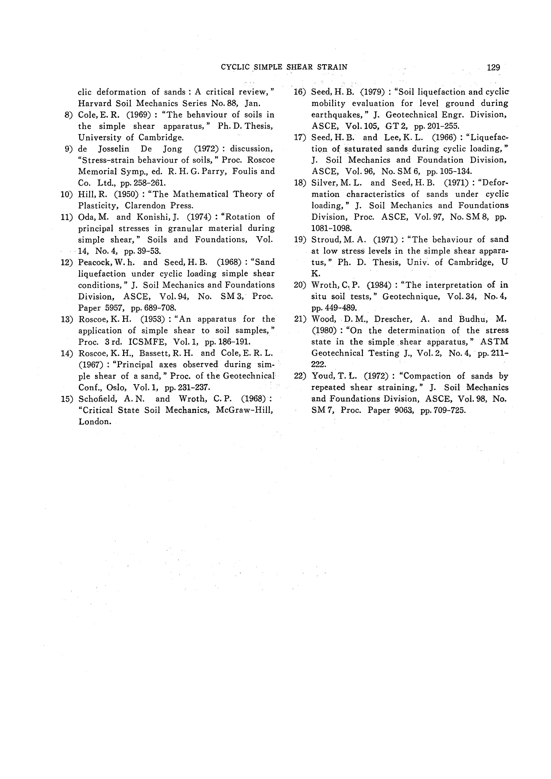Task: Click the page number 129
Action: click(493, 67)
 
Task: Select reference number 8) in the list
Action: click(69, 115)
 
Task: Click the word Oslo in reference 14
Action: click(116, 387)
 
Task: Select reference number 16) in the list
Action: click(300, 92)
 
